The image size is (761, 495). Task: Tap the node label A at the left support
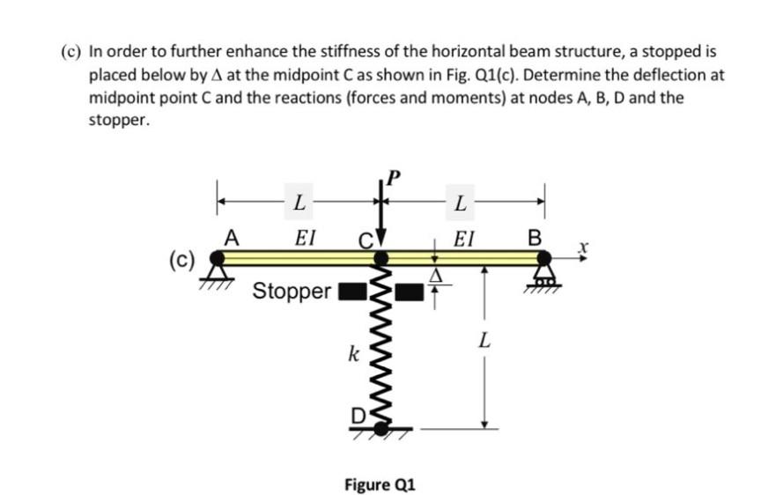click(232, 236)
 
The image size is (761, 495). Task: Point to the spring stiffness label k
click(352, 355)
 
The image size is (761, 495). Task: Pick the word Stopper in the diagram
click(292, 291)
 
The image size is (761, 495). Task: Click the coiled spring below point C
click(381, 352)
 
